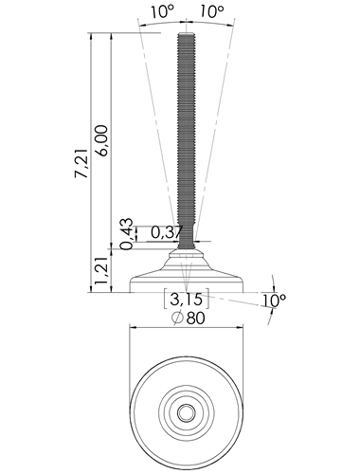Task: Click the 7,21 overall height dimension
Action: click(81, 162)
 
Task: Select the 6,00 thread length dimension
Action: click(102, 140)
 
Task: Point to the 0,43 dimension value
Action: click(127, 234)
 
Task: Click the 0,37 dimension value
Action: click(167, 232)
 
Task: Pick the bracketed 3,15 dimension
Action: click(187, 299)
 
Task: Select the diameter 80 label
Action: click(189, 318)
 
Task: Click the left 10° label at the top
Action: click(162, 11)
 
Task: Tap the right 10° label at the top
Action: click(212, 11)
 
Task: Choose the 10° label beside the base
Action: click(274, 301)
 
